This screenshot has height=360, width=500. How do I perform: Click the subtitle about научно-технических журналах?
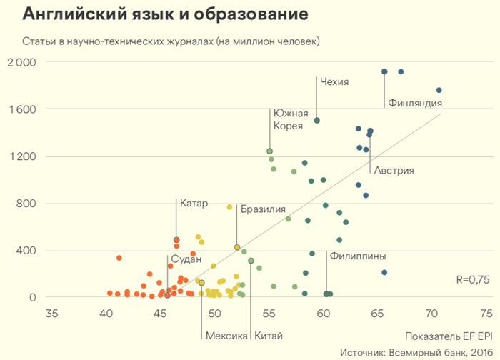(171, 41)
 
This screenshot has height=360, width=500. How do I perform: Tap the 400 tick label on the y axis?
(27, 251)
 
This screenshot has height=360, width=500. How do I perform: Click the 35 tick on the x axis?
(51, 313)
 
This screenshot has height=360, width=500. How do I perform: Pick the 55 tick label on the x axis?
(269, 313)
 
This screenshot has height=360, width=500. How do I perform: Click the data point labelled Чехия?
(316, 121)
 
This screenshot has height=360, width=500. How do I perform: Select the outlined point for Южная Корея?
(269, 151)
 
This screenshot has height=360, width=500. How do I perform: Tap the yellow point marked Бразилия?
(237, 247)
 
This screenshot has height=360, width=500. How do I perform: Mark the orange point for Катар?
(176, 240)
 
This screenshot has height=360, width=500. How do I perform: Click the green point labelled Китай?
(251, 261)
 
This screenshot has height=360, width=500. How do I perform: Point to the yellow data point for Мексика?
(201, 283)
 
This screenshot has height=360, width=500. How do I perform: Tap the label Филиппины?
(358, 256)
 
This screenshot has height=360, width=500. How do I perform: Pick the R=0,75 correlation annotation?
(472, 280)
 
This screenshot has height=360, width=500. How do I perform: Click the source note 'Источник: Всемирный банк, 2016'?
(416, 351)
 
